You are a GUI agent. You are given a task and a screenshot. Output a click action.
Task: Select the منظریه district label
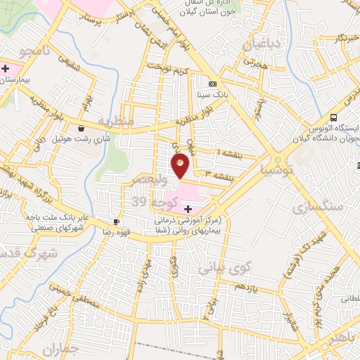pos(115,121)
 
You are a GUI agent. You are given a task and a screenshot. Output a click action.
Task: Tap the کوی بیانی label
pos(224,267)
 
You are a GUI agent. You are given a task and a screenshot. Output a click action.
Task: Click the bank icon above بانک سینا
pos(213,84)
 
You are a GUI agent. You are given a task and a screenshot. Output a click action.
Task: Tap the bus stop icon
pos(333,118)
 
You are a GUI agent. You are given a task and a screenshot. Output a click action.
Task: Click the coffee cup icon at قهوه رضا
pos(116,221)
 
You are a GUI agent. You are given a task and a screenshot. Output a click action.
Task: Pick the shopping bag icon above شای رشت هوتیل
pos(82,129)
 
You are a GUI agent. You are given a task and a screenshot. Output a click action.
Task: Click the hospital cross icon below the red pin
pos(188,209)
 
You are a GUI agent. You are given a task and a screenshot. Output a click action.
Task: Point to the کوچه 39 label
pos(149,202)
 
